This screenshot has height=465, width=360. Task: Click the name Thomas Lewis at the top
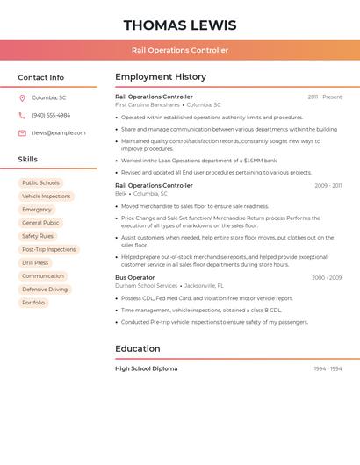pyautogui.click(x=179, y=25)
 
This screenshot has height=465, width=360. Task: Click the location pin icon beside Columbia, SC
pyautogui.click(x=22, y=97)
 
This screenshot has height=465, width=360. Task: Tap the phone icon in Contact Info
pyautogui.click(x=22, y=115)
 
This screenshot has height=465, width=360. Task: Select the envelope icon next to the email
pyautogui.click(x=22, y=133)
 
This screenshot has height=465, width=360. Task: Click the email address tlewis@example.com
pyautogui.click(x=59, y=133)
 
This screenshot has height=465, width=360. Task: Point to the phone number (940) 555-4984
pyautogui.click(x=51, y=115)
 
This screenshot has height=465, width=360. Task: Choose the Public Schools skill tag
pyautogui.click(x=40, y=183)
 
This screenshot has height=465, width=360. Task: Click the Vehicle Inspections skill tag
pyautogui.click(x=46, y=197)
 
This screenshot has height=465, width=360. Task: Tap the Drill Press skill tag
pyautogui.click(x=35, y=263)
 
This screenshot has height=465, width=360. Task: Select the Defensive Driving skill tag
pyautogui.click(x=45, y=290)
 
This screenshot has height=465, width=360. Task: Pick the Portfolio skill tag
pyautogui.click(x=33, y=303)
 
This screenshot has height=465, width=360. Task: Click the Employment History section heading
pyautogui.click(x=161, y=76)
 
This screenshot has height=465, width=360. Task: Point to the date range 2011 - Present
pyautogui.click(x=325, y=97)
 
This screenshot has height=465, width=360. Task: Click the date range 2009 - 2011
pyautogui.click(x=328, y=186)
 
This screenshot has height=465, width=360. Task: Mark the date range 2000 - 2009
pyautogui.click(x=327, y=278)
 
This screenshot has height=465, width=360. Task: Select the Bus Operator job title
pyautogui.click(x=134, y=278)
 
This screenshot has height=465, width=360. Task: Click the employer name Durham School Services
pyautogui.click(x=146, y=286)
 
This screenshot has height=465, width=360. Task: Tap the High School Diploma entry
pyautogui.click(x=146, y=369)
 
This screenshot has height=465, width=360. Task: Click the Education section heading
pyautogui.click(x=137, y=348)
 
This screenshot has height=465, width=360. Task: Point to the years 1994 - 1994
pyautogui.click(x=328, y=369)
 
